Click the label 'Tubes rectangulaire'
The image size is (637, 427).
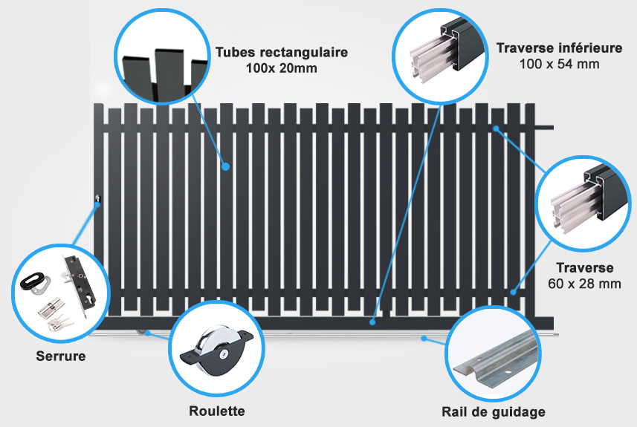tap(282, 53)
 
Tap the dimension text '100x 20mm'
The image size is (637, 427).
tap(282, 68)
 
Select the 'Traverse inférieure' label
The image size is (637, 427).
tap(560, 48)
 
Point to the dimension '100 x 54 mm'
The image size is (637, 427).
tap(560, 64)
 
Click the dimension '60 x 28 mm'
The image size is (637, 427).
tap(584, 284)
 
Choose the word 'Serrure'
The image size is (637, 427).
tap(61, 356)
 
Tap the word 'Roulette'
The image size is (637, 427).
tap(217, 411)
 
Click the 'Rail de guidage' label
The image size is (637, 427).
tap(494, 412)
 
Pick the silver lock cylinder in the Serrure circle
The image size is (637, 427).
tap(51, 307)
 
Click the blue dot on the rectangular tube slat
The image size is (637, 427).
tap(226, 166)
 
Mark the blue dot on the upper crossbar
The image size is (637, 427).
tap(496, 128)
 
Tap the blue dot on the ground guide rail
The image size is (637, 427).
tap(424, 338)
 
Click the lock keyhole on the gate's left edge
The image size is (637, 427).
tap(97, 198)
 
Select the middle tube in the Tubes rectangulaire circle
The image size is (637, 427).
tap(169, 75)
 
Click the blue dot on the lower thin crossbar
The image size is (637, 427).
tap(514, 292)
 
